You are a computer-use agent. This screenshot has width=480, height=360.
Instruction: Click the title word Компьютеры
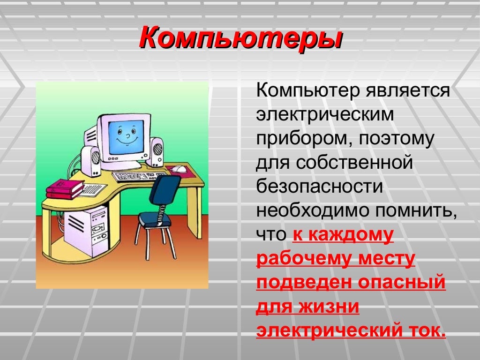241,38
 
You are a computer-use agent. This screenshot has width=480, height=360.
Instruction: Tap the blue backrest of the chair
165,189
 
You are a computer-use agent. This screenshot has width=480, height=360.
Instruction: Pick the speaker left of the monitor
91,161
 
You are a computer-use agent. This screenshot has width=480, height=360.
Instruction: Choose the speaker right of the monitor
156,152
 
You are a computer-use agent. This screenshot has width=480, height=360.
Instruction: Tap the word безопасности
319,187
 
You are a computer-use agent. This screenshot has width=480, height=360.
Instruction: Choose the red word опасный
401,283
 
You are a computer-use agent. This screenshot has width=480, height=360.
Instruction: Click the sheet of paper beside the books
93,190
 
